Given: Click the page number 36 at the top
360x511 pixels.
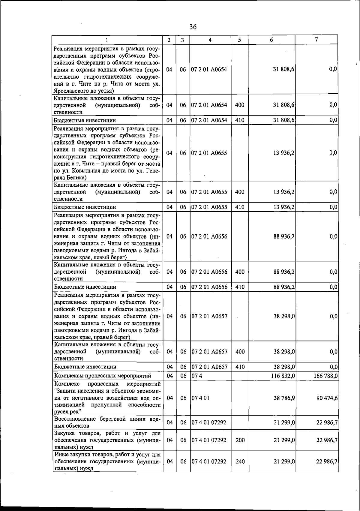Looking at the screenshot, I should (193, 27).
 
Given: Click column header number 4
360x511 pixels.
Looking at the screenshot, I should (210, 40).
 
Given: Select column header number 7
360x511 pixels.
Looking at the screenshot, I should (316, 40).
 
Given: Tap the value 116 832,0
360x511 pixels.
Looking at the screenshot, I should (283, 376).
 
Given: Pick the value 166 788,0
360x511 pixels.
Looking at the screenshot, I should (325, 376).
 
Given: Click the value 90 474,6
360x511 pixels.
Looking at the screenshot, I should (327, 398).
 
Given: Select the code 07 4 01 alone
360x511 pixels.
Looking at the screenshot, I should (200, 398).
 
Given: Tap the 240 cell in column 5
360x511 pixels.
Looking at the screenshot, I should (240, 461).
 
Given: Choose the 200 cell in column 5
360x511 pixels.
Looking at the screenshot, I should (240, 440).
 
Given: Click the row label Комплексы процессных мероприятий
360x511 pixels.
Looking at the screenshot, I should (102, 376).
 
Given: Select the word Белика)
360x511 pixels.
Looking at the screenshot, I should (69, 178).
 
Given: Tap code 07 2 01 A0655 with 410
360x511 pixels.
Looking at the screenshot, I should (209, 207).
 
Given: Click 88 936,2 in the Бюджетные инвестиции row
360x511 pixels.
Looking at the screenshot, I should (284, 287).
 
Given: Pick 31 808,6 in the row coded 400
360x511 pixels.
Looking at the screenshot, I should (284, 105).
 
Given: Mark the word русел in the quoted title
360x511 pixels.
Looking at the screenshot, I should (61, 412).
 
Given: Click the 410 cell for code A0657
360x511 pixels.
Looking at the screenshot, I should (240, 367).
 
